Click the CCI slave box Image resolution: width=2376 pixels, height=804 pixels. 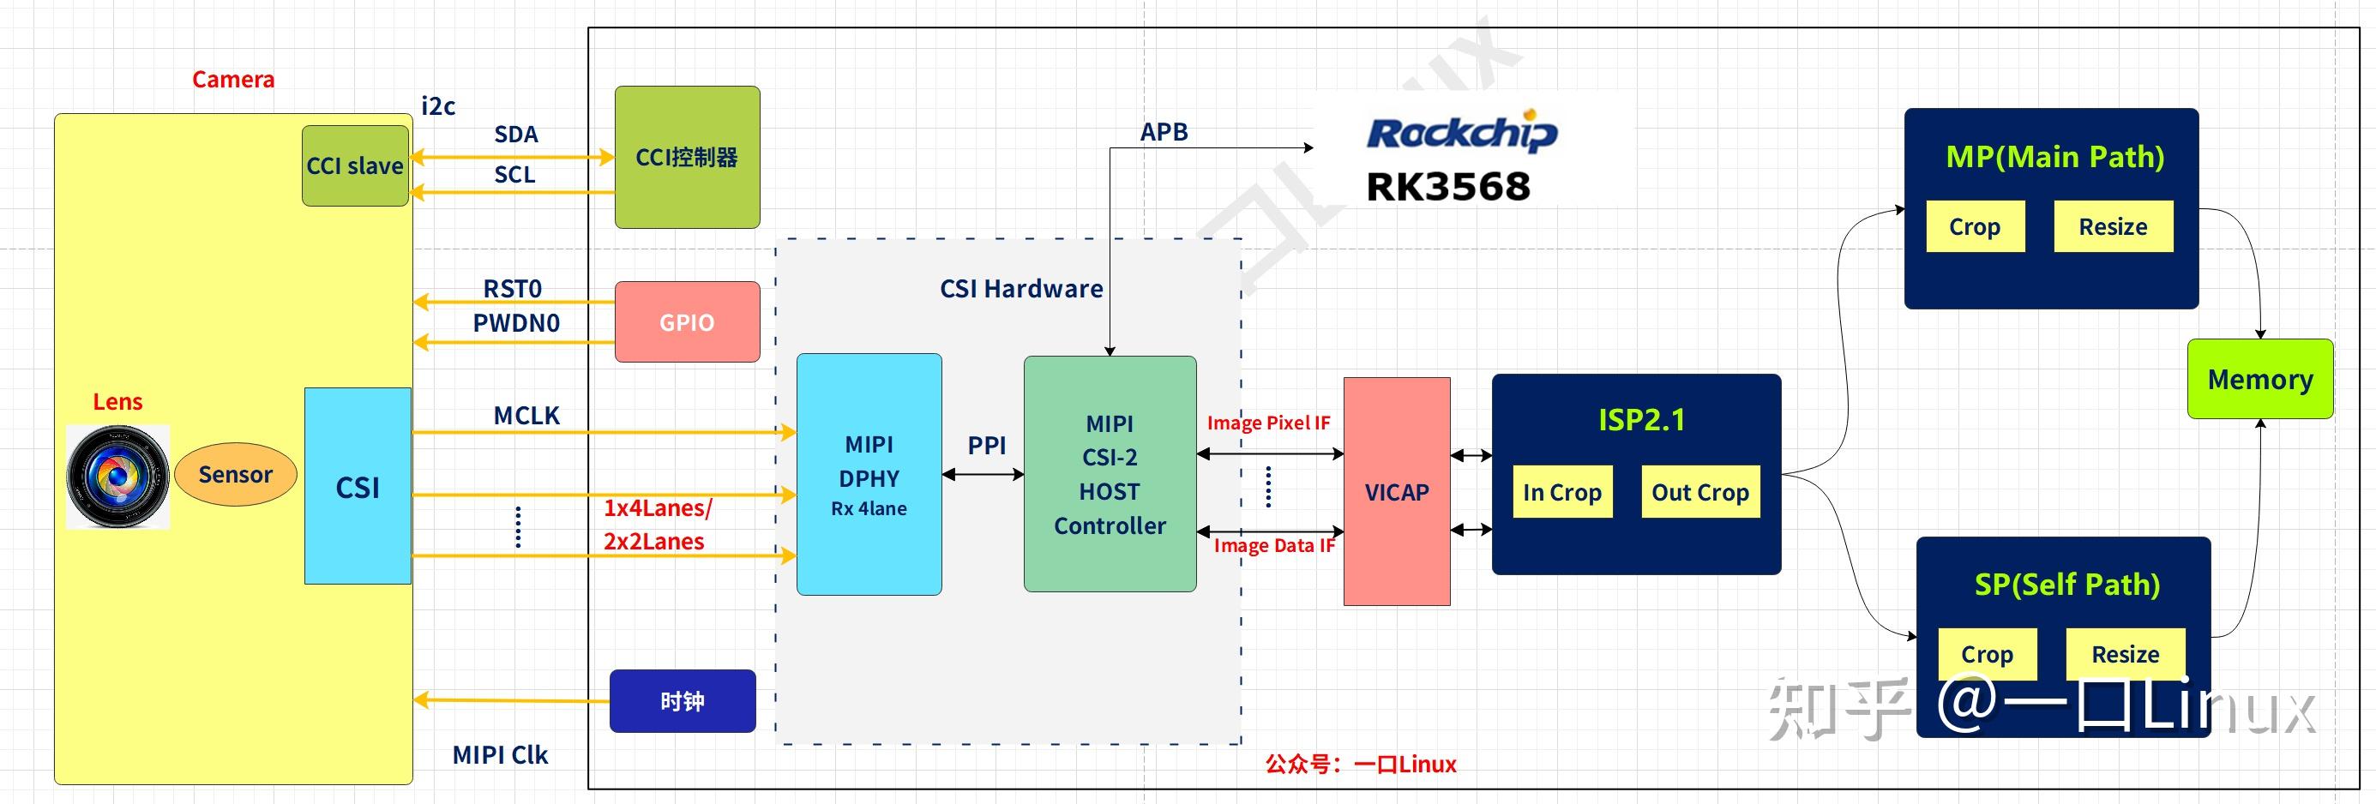click(355, 166)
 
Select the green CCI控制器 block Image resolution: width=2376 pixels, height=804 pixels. click(687, 158)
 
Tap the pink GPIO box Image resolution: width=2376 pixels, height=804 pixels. click(687, 321)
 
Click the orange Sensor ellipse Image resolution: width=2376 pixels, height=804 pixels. click(235, 475)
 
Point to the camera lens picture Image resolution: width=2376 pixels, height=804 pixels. click(118, 477)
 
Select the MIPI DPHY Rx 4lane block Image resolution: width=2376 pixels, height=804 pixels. click(869, 475)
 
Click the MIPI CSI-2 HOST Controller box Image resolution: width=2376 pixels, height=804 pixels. click(1110, 475)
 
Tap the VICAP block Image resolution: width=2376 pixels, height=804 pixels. click(1397, 492)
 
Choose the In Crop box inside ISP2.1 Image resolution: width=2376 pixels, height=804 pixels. click(1561, 492)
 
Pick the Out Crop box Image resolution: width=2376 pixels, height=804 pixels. click(1700, 492)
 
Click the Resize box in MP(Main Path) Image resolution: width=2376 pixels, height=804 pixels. click(2112, 227)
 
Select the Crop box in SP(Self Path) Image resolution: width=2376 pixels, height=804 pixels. click(1987, 654)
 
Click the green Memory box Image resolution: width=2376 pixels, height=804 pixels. click(2259, 379)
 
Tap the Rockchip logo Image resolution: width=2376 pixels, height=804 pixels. click(1462, 134)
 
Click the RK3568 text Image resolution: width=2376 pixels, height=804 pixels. click(1447, 187)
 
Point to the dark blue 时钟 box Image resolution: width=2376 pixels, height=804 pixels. click(683, 702)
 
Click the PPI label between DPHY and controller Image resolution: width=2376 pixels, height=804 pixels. click(986, 446)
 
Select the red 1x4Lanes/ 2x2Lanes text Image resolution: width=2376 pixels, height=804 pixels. click(657, 525)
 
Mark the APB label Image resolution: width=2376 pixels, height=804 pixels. click(1163, 132)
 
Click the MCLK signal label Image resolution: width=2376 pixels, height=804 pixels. click(526, 416)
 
